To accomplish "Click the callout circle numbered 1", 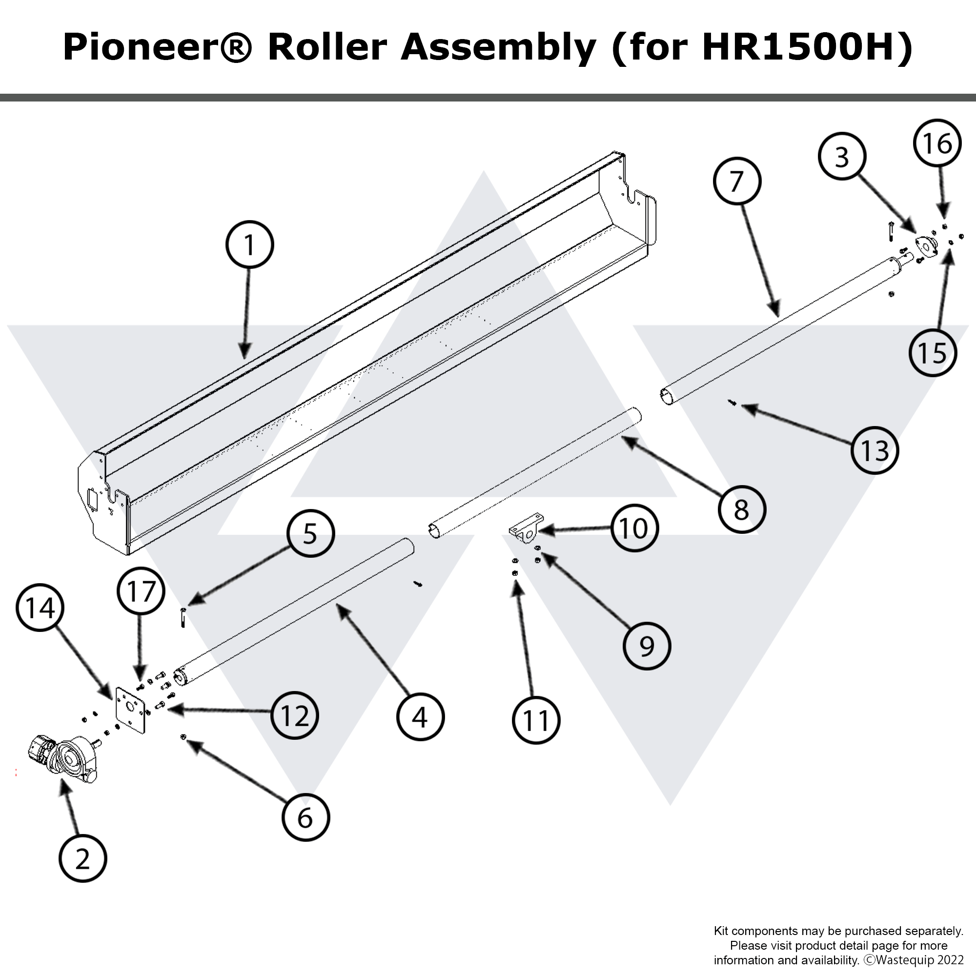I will pyautogui.click(x=249, y=245).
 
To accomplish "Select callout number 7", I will pyautogui.click(x=737, y=182).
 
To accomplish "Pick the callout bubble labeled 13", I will pyautogui.click(x=874, y=450).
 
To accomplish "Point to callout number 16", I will pyautogui.click(x=937, y=143).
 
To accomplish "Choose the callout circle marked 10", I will pyautogui.click(x=633, y=529).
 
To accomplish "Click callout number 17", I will pyautogui.click(x=141, y=591).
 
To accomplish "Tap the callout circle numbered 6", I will pyautogui.click(x=305, y=818).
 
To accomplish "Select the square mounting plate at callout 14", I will pyautogui.click(x=130, y=710).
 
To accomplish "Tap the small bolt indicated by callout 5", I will pyautogui.click(x=183, y=618).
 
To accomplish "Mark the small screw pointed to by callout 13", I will pyautogui.click(x=732, y=403).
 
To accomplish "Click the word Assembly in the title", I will pyautogui.click(x=498, y=48).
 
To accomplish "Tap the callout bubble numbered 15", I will pyautogui.click(x=933, y=353).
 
